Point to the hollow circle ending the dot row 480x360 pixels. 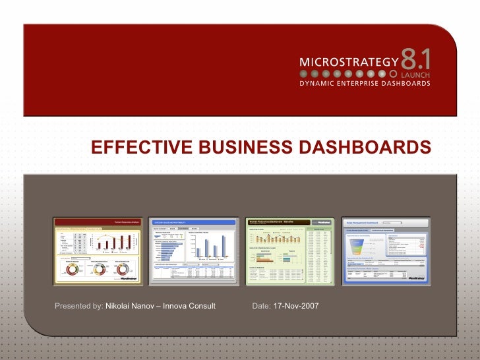click(x=394, y=74)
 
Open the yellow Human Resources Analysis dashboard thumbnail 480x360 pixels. click(x=97, y=251)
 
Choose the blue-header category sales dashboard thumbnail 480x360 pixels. click(x=193, y=251)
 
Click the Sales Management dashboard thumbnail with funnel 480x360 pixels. click(x=386, y=251)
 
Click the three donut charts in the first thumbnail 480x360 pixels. click(x=97, y=270)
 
